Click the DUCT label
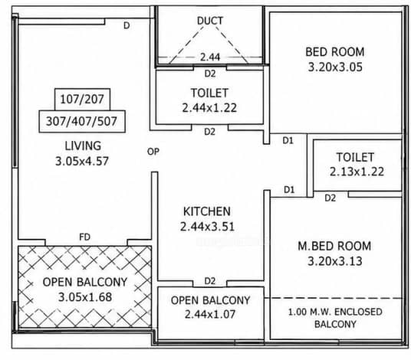(x=210, y=21)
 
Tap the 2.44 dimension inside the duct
(x=210, y=57)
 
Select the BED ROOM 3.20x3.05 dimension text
(x=335, y=67)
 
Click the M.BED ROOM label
(x=334, y=246)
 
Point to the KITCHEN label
(x=207, y=211)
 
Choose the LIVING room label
(x=83, y=146)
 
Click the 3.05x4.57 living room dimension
(x=82, y=161)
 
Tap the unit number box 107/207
(x=82, y=100)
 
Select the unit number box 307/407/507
(x=82, y=122)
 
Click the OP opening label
(x=153, y=152)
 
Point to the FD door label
(x=84, y=237)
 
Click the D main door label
(x=127, y=25)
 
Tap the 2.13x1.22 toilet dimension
(x=357, y=172)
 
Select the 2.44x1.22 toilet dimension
(x=209, y=108)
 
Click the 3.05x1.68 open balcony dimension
(x=85, y=297)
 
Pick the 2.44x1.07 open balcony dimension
(x=210, y=314)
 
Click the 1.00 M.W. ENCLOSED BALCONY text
(x=335, y=318)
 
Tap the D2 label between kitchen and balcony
(x=209, y=281)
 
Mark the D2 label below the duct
(x=210, y=74)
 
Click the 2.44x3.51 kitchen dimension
(x=207, y=227)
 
